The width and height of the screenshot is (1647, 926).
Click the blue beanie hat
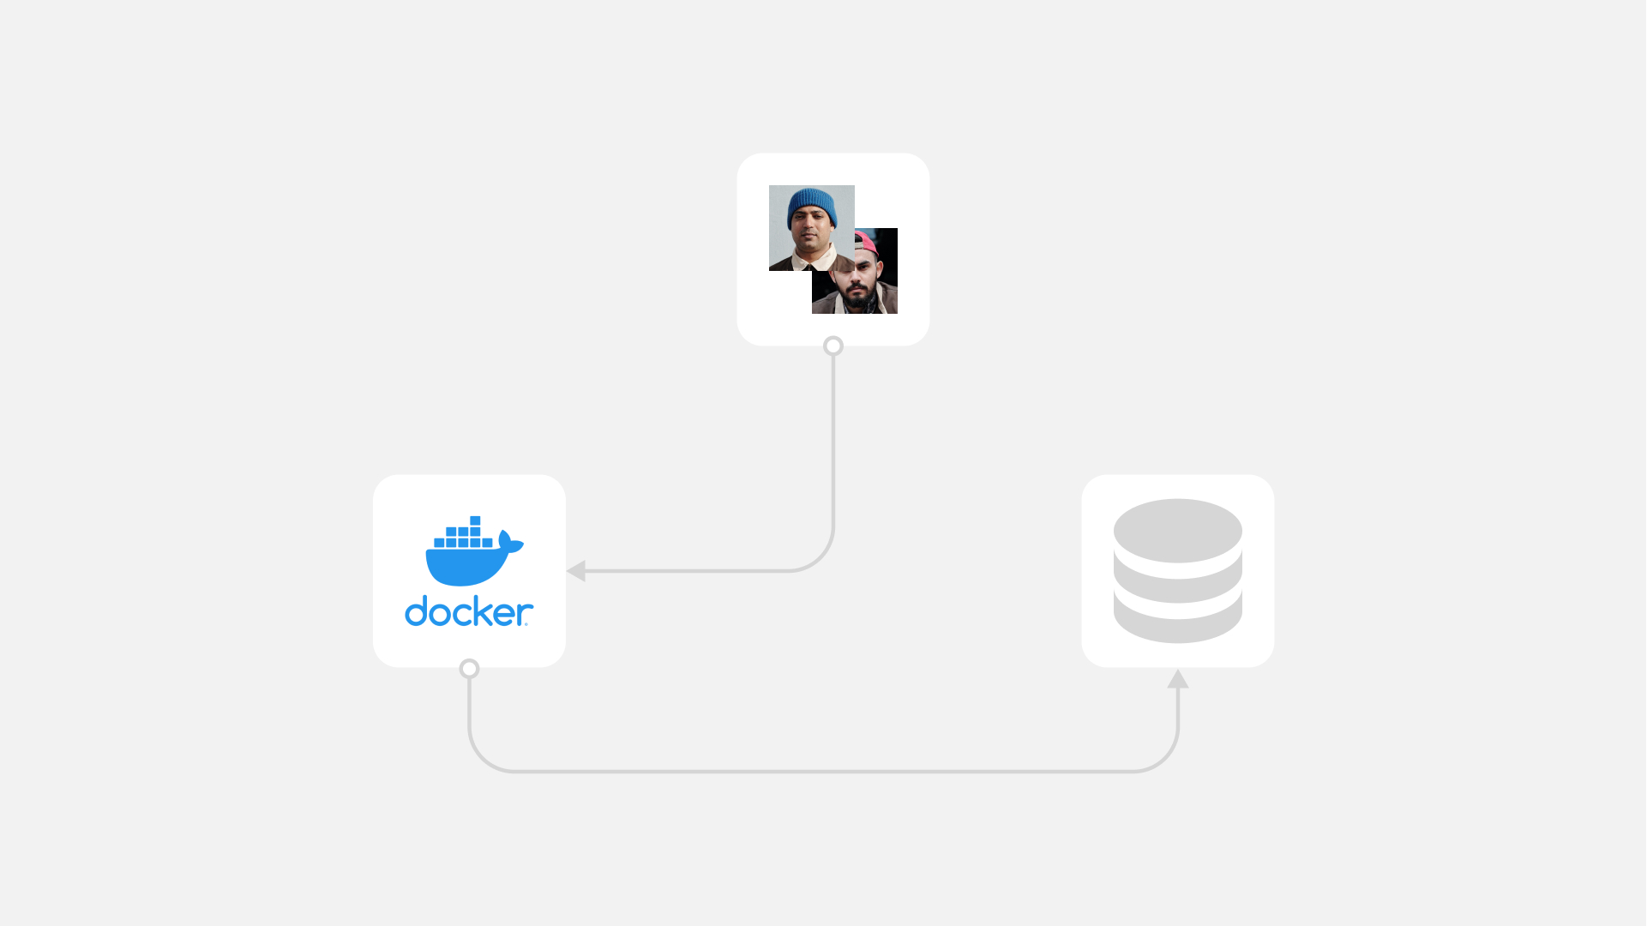(x=811, y=207)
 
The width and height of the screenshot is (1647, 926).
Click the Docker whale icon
(x=474, y=550)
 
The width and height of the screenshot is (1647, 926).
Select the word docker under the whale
(x=469, y=611)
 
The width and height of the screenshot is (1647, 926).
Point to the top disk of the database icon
(x=1177, y=531)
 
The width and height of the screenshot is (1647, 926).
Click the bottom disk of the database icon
(x=1177, y=621)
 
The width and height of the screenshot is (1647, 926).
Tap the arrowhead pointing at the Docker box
(x=576, y=570)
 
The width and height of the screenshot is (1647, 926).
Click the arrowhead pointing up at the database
(x=1177, y=678)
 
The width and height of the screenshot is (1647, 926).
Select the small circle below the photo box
(x=833, y=346)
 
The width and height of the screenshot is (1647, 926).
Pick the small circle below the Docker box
(x=469, y=668)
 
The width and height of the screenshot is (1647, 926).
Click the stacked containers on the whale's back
(x=463, y=532)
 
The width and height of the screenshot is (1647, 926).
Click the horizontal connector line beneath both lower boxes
(x=823, y=771)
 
